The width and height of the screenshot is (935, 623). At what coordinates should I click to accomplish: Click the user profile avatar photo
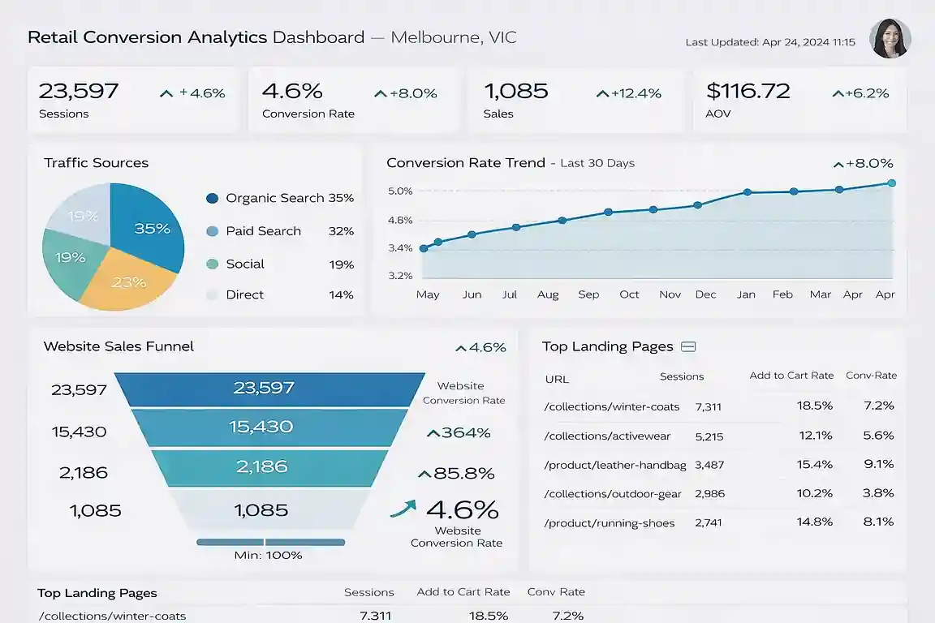[x=890, y=39]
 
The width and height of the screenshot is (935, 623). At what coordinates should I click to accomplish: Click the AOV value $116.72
[x=748, y=91]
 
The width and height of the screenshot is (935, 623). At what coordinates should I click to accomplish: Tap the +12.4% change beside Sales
[x=629, y=93]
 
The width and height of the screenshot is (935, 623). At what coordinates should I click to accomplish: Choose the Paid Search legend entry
[x=263, y=231]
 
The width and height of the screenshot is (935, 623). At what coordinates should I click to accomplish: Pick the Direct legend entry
[x=244, y=294]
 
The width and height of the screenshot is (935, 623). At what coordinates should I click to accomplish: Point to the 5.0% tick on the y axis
[x=400, y=191]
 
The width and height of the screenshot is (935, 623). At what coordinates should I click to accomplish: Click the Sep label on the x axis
[x=588, y=294]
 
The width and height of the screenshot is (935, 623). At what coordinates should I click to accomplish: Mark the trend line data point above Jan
[x=747, y=192]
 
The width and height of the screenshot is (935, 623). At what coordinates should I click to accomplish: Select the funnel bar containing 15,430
[x=261, y=427]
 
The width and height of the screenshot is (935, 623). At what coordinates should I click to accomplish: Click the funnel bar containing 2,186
[x=261, y=467]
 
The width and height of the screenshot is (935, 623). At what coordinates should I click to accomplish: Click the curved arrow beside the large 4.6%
[x=403, y=509]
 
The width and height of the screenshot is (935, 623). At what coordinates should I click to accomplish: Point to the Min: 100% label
[x=269, y=556]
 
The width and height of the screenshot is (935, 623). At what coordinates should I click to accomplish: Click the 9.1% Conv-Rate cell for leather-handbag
[x=879, y=464]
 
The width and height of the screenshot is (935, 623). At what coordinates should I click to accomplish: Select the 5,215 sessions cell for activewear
[x=709, y=436]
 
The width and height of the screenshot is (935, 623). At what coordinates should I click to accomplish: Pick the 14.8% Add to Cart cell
[x=814, y=522]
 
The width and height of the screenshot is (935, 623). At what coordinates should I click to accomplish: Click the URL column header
[x=557, y=379]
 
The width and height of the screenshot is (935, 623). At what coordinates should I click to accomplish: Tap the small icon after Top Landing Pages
[x=688, y=347]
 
